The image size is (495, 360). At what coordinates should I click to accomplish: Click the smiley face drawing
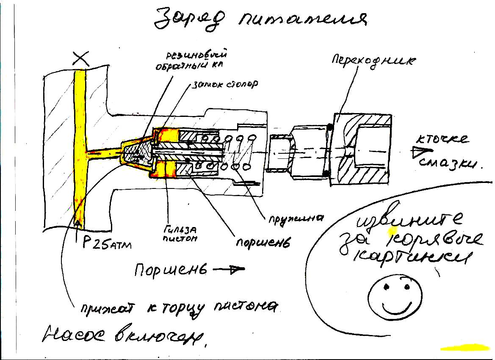[x=393, y=296]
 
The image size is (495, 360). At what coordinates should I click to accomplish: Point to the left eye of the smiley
[x=386, y=288]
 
